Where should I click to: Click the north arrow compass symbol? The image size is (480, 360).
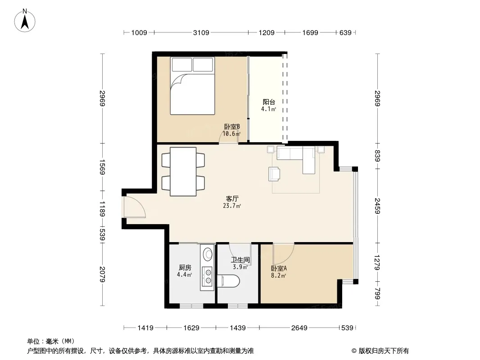[25, 21]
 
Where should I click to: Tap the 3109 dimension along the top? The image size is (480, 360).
[201, 32]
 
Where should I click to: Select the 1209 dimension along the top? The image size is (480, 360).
[267, 32]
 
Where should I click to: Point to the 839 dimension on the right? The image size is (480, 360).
[377, 156]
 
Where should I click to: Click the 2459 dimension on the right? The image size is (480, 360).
[377, 206]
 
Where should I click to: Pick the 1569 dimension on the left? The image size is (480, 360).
[102, 167]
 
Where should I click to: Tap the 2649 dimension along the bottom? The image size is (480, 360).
[299, 328]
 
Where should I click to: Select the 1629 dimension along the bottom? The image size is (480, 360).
[191, 328]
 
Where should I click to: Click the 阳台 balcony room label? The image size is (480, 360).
[269, 102]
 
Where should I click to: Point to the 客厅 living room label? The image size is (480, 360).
[232, 199]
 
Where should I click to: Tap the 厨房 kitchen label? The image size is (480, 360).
[185, 268]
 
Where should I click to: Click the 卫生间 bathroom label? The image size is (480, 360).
[240, 260]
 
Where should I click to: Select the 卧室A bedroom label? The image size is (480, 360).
[279, 269]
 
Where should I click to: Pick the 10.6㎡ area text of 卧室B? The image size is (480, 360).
[231, 134]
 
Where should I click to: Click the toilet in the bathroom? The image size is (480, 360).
[228, 281]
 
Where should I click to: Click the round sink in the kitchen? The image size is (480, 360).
[208, 253]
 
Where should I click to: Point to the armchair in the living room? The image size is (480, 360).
[274, 174]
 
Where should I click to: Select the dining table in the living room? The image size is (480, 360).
[183, 171]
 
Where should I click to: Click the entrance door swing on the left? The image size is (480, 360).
[134, 207]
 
